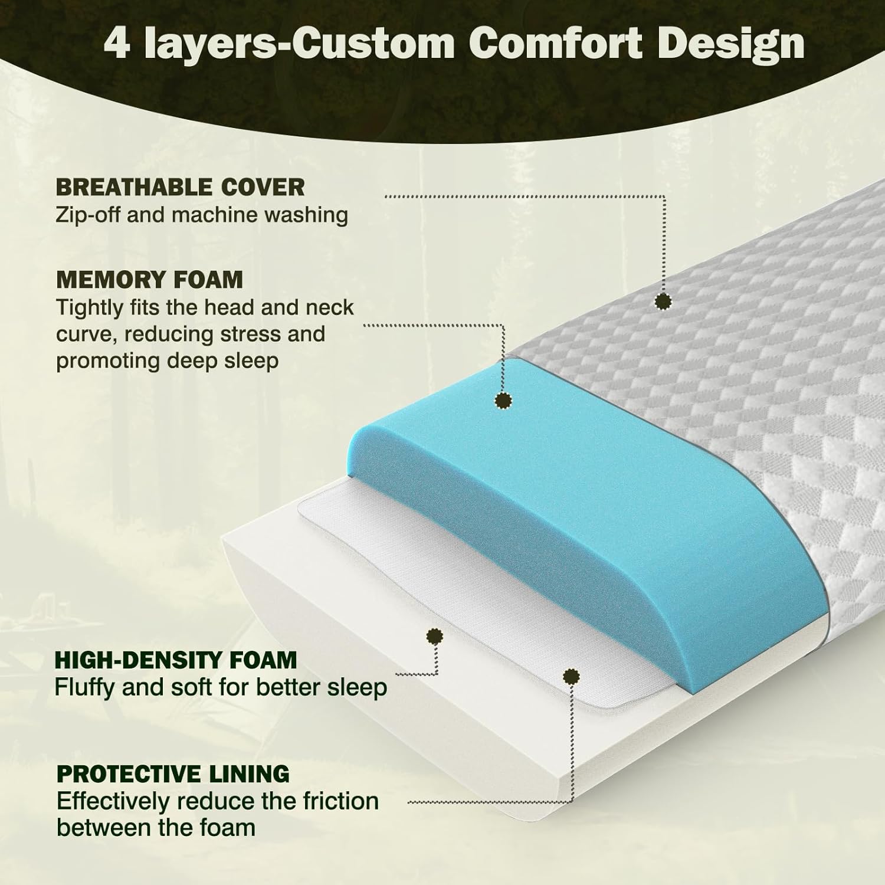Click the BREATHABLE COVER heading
(x=180, y=188)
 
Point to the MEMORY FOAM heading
(x=149, y=280)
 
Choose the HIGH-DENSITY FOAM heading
(x=176, y=660)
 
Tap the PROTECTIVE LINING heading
(x=173, y=773)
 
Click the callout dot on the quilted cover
(x=664, y=301)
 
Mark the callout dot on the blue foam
(x=503, y=401)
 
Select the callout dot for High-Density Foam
(x=435, y=635)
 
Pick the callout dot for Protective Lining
(x=571, y=676)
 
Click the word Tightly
(x=89, y=308)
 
